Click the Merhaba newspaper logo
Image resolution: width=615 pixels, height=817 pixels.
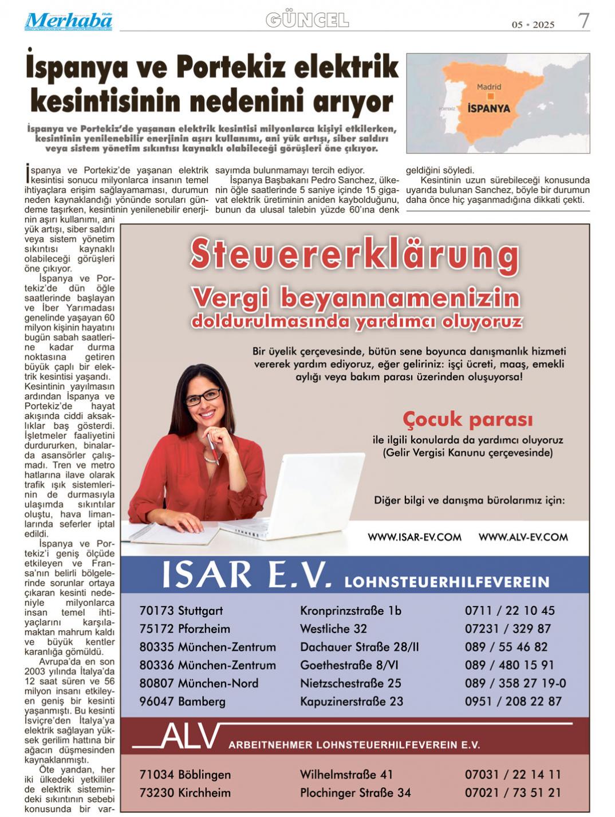[68, 21]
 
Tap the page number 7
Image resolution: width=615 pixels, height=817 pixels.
[583, 21]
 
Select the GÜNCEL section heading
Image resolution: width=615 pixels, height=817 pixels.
[307, 21]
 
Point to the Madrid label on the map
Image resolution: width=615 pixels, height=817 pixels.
[488, 87]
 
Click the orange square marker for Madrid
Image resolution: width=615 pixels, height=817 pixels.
[490, 96]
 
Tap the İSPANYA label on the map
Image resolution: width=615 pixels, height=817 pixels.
[488, 108]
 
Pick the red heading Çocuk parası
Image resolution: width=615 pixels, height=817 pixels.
[467, 419]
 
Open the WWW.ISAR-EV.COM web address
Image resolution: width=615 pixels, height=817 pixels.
[414, 537]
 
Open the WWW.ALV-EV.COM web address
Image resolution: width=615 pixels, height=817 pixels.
[523, 537]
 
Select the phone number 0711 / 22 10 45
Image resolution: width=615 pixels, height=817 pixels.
[509, 611]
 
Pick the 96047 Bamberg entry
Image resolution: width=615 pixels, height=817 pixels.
[182, 701]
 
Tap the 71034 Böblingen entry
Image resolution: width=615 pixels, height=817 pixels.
[185, 775]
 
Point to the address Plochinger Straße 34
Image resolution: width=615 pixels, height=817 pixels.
[355, 793]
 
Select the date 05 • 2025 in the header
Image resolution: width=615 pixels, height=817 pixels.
[533, 25]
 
